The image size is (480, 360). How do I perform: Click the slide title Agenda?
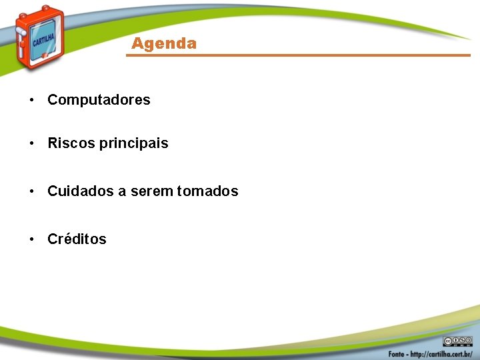(x=164, y=44)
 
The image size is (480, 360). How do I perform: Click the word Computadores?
(x=99, y=100)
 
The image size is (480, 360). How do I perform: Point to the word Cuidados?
(x=81, y=191)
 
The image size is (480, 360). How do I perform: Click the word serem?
(x=151, y=191)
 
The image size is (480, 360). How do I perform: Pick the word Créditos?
(x=77, y=239)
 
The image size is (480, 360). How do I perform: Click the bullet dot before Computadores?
(x=31, y=101)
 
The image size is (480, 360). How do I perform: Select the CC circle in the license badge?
(x=448, y=340)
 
